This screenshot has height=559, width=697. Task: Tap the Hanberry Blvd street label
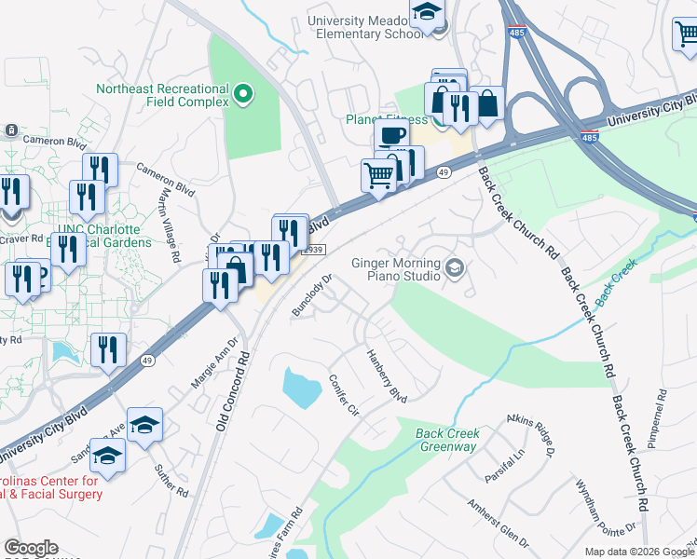point(387,375)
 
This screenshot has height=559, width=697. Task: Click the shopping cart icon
point(378,174)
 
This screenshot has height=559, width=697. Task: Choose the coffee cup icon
point(392,135)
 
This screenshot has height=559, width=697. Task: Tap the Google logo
point(31,549)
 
